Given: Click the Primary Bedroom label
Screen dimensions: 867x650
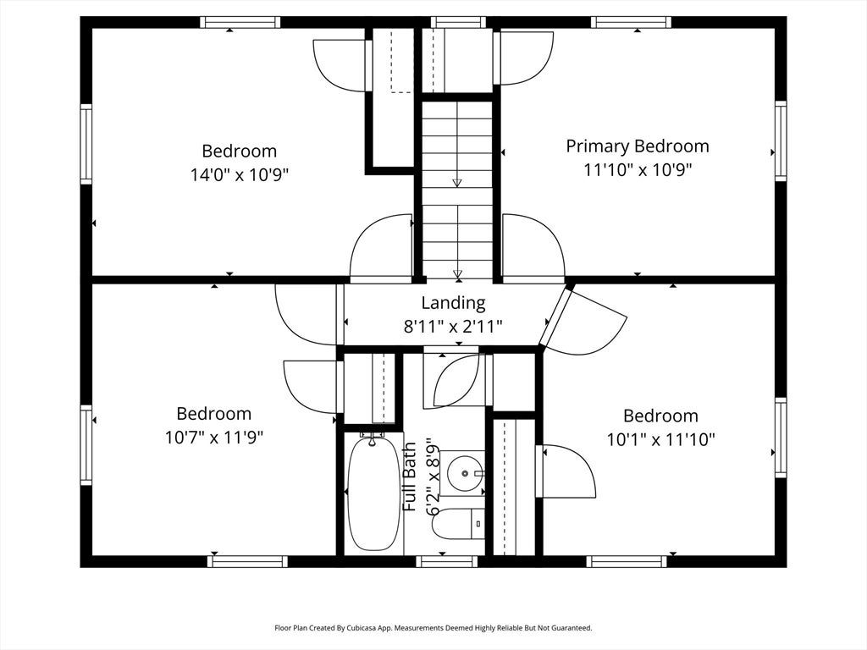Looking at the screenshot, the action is click(x=637, y=146).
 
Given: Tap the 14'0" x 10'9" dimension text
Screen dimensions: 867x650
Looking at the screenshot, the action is click(x=240, y=175).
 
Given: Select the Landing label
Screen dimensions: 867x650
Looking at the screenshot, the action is click(x=454, y=303).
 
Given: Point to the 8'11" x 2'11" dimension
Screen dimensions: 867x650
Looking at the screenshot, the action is click(x=453, y=327).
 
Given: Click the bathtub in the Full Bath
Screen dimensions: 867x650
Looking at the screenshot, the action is click(x=373, y=492).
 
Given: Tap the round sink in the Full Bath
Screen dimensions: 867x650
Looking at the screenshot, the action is click(x=465, y=474).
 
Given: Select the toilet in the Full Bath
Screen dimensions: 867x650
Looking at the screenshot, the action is click(x=458, y=524).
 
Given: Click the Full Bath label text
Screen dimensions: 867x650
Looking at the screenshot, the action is click(x=410, y=476).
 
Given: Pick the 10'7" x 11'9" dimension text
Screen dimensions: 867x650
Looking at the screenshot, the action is click(x=214, y=438).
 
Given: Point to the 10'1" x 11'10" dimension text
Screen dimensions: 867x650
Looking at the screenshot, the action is click(x=660, y=440).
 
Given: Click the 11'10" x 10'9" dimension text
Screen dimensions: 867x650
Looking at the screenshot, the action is click(x=638, y=169).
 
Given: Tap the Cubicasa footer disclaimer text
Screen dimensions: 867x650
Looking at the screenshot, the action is click(x=433, y=628).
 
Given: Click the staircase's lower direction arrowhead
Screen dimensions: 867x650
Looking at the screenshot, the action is click(x=457, y=273).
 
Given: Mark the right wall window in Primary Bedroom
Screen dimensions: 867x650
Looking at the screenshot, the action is click(x=780, y=141).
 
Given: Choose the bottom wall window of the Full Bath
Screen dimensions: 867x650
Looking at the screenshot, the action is click(x=446, y=562).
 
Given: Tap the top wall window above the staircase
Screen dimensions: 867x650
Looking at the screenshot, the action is click(x=458, y=22).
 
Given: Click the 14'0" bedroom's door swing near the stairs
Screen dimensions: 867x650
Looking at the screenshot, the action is click(x=382, y=249).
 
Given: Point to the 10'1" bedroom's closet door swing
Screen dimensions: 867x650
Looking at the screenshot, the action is click(x=566, y=471).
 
